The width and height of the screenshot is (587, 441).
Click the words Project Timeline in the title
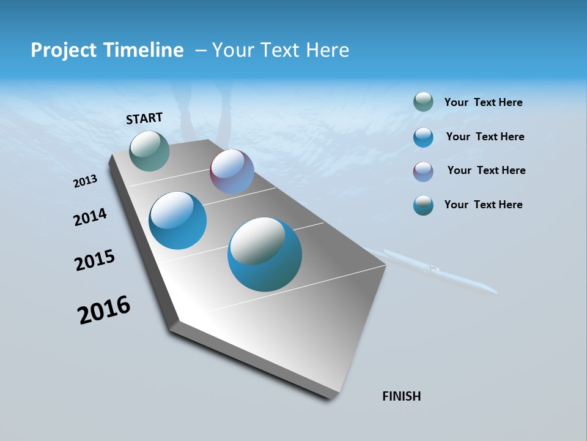(107, 50)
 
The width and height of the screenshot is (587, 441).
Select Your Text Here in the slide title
(281, 50)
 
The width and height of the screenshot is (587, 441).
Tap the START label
(144, 118)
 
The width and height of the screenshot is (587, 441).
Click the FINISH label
(401, 396)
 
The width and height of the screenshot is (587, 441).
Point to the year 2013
(86, 181)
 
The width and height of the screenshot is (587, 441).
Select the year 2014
(90, 217)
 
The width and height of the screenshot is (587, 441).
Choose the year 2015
(95, 260)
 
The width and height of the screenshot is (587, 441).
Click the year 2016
(104, 310)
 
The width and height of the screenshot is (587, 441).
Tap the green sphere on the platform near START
(150, 151)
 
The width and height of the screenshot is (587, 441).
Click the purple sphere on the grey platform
(232, 171)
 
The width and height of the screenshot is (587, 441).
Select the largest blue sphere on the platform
(265, 254)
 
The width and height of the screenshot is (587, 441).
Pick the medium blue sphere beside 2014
(178, 221)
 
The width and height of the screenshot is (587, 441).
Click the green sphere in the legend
(423, 102)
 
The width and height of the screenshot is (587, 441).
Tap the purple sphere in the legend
(423, 171)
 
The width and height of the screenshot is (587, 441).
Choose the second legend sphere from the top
(423, 137)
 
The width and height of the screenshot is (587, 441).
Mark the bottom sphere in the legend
(423, 205)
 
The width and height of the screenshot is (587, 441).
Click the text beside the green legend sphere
(483, 103)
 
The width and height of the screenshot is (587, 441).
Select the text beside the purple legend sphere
(486, 170)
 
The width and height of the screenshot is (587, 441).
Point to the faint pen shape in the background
(434, 271)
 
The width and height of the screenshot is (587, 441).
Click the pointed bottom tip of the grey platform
(330, 397)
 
